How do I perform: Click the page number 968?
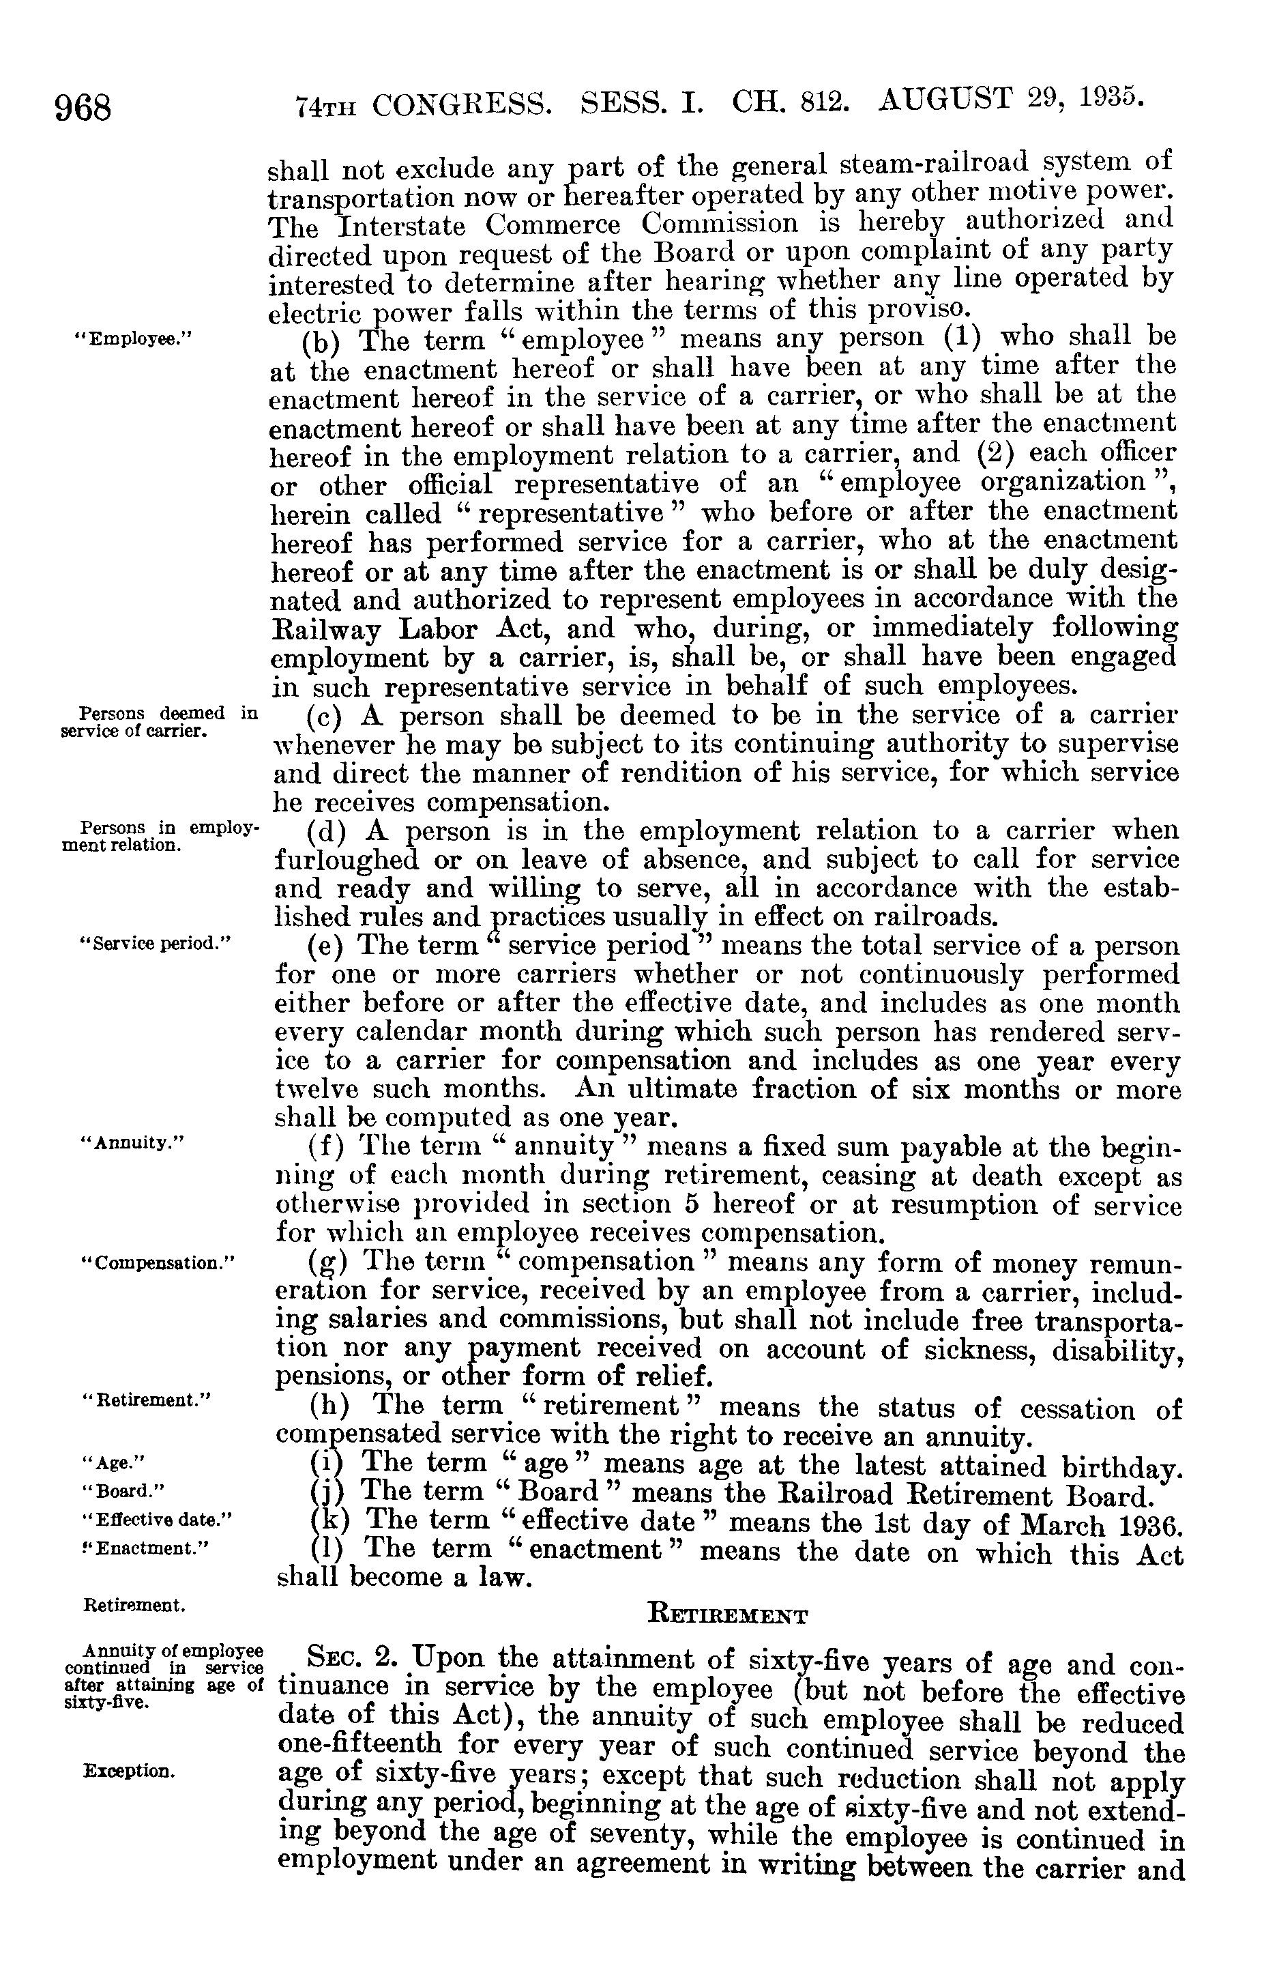tap(83, 108)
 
